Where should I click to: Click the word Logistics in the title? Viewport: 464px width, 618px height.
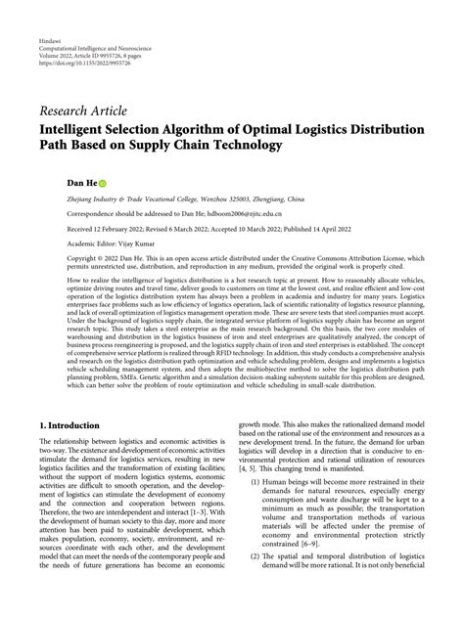311,128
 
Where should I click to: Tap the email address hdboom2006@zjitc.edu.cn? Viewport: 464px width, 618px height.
215,210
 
